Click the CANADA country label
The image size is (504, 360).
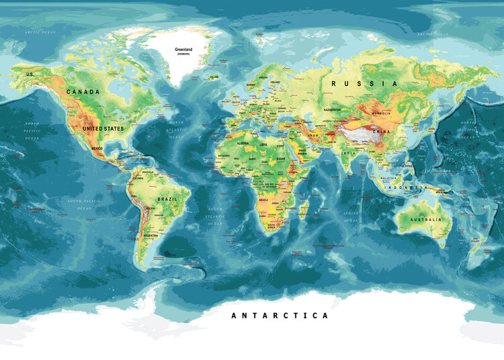(83, 92)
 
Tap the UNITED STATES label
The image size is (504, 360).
(103, 128)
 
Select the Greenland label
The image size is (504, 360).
(183, 50)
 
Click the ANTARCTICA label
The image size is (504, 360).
(280, 315)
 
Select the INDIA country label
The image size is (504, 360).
(349, 153)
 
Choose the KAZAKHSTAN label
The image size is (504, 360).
(332, 109)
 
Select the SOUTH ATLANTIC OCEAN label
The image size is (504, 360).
(215, 216)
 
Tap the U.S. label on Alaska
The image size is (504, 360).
(30, 74)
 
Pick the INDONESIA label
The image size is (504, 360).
(409, 186)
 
